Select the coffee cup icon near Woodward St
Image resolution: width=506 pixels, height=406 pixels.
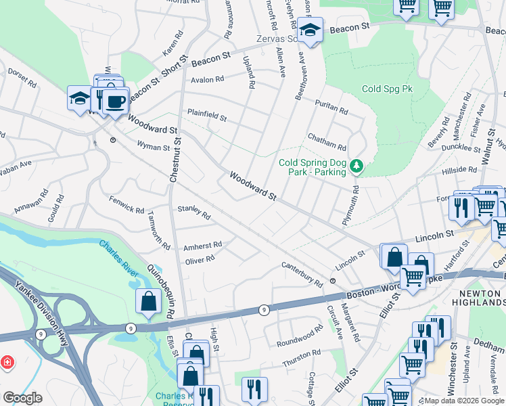coord(114,101)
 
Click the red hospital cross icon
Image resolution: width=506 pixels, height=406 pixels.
coord(7,363)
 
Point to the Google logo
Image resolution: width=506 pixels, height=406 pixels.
coord(22,398)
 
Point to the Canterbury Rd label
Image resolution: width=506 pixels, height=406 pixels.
coord(302,273)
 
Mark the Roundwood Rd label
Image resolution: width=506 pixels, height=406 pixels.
coord(300,335)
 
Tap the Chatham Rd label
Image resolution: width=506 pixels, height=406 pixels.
coord(327,142)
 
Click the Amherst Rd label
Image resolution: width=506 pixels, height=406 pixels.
coord(202,246)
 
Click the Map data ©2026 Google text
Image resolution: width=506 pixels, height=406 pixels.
coord(463,401)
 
